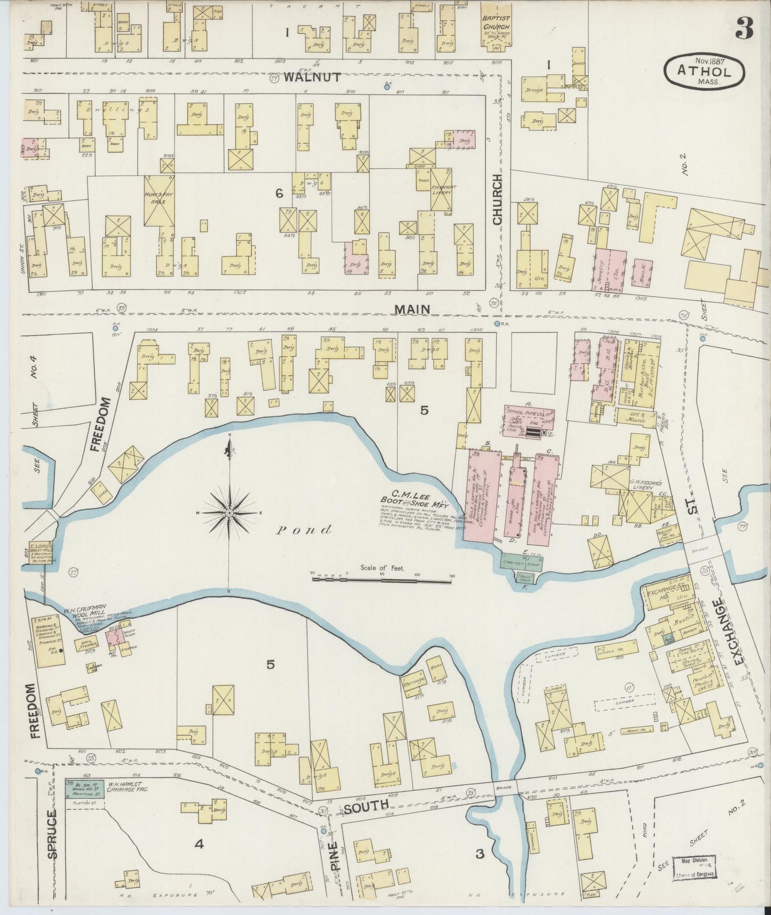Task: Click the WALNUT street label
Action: tap(312, 77)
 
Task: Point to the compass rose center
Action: tap(229, 512)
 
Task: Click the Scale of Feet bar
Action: tap(383, 576)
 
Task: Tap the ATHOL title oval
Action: tap(704, 70)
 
